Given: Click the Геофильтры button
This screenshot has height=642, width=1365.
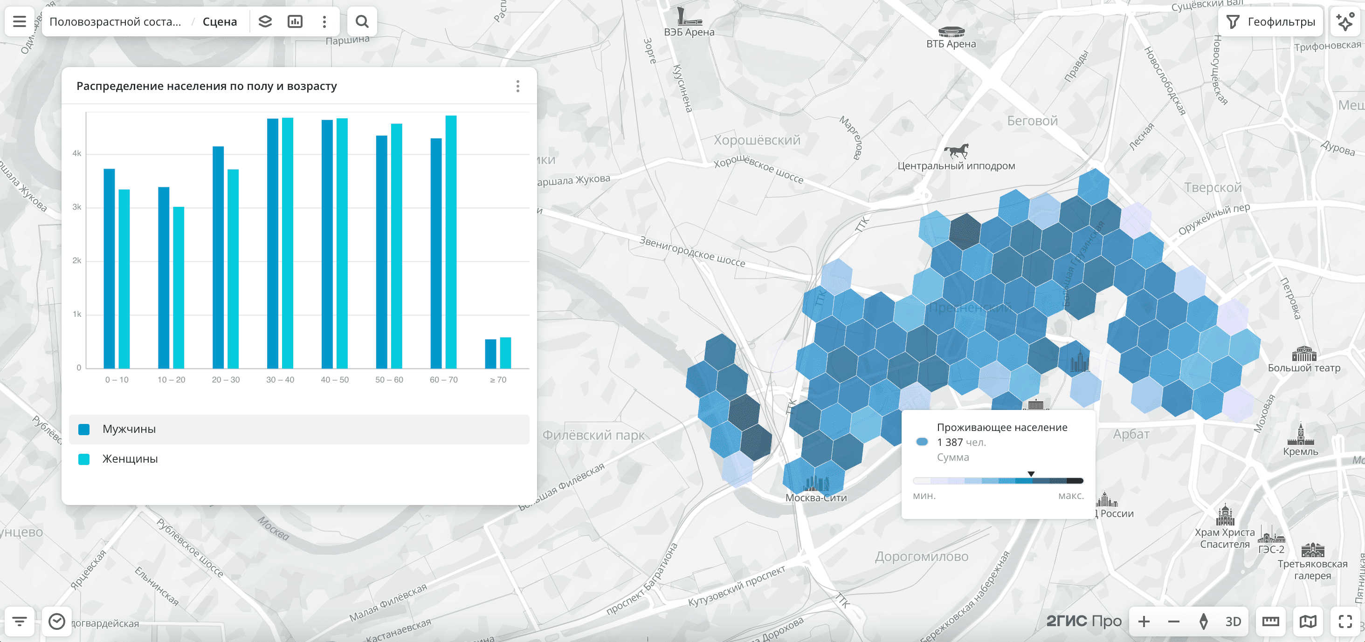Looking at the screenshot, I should point(1272,22).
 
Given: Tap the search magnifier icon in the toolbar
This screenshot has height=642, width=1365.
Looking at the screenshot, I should point(362,22).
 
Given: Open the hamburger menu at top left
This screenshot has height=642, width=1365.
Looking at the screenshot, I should point(20,22).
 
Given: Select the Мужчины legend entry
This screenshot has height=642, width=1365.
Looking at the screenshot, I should point(129,429).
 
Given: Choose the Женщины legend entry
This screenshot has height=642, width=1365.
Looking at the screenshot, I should point(130,459).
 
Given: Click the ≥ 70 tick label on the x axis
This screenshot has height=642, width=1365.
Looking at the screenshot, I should point(498,380).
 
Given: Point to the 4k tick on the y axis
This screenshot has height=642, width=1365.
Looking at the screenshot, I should point(77,154).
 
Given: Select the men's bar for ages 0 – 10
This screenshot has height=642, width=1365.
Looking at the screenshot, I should point(109,268).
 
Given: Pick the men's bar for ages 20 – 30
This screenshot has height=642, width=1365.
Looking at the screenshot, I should point(218,258).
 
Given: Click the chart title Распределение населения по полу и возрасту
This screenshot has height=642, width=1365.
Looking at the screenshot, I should point(207,86).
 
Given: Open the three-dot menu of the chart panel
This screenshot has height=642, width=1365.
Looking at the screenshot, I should point(518,86).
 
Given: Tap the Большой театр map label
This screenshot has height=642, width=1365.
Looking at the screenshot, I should point(1303,368).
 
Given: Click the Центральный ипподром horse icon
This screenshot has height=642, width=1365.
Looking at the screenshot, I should point(957,151).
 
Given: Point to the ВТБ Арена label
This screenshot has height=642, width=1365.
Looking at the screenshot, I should point(951,44).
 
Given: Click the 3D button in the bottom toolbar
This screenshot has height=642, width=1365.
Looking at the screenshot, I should point(1233,622).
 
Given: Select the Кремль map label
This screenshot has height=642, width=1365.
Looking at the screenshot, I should point(1300,451).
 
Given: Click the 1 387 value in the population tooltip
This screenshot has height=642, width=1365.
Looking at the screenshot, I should point(950,442).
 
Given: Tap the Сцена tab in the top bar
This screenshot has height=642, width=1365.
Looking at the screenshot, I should point(220,22).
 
